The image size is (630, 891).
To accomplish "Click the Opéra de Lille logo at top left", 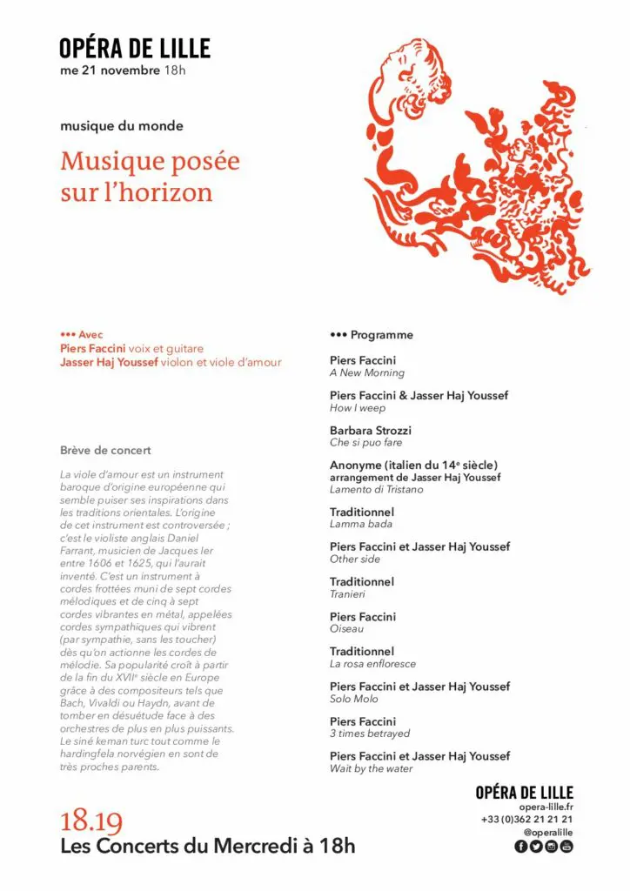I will tap(135, 48).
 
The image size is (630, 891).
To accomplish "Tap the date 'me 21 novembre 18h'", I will tap(123, 70).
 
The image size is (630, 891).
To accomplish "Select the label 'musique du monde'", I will tap(122, 126).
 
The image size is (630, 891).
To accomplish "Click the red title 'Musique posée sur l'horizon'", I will tap(150, 177).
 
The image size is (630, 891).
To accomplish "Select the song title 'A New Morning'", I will tap(367, 373).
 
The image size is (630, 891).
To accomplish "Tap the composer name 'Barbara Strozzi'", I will tap(371, 431).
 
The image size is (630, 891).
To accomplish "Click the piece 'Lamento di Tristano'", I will tap(377, 490).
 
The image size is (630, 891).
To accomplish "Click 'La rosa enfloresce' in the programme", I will tap(373, 664).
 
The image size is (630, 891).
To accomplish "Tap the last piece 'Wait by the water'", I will tap(372, 769).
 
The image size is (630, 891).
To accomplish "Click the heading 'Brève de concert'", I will tap(105, 451).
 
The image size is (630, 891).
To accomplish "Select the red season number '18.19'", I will tap(91, 822).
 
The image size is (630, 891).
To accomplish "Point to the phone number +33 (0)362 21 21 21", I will tap(526, 820).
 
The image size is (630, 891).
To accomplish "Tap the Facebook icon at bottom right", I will tap(521, 847).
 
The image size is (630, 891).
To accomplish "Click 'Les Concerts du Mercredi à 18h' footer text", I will tap(208, 846).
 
